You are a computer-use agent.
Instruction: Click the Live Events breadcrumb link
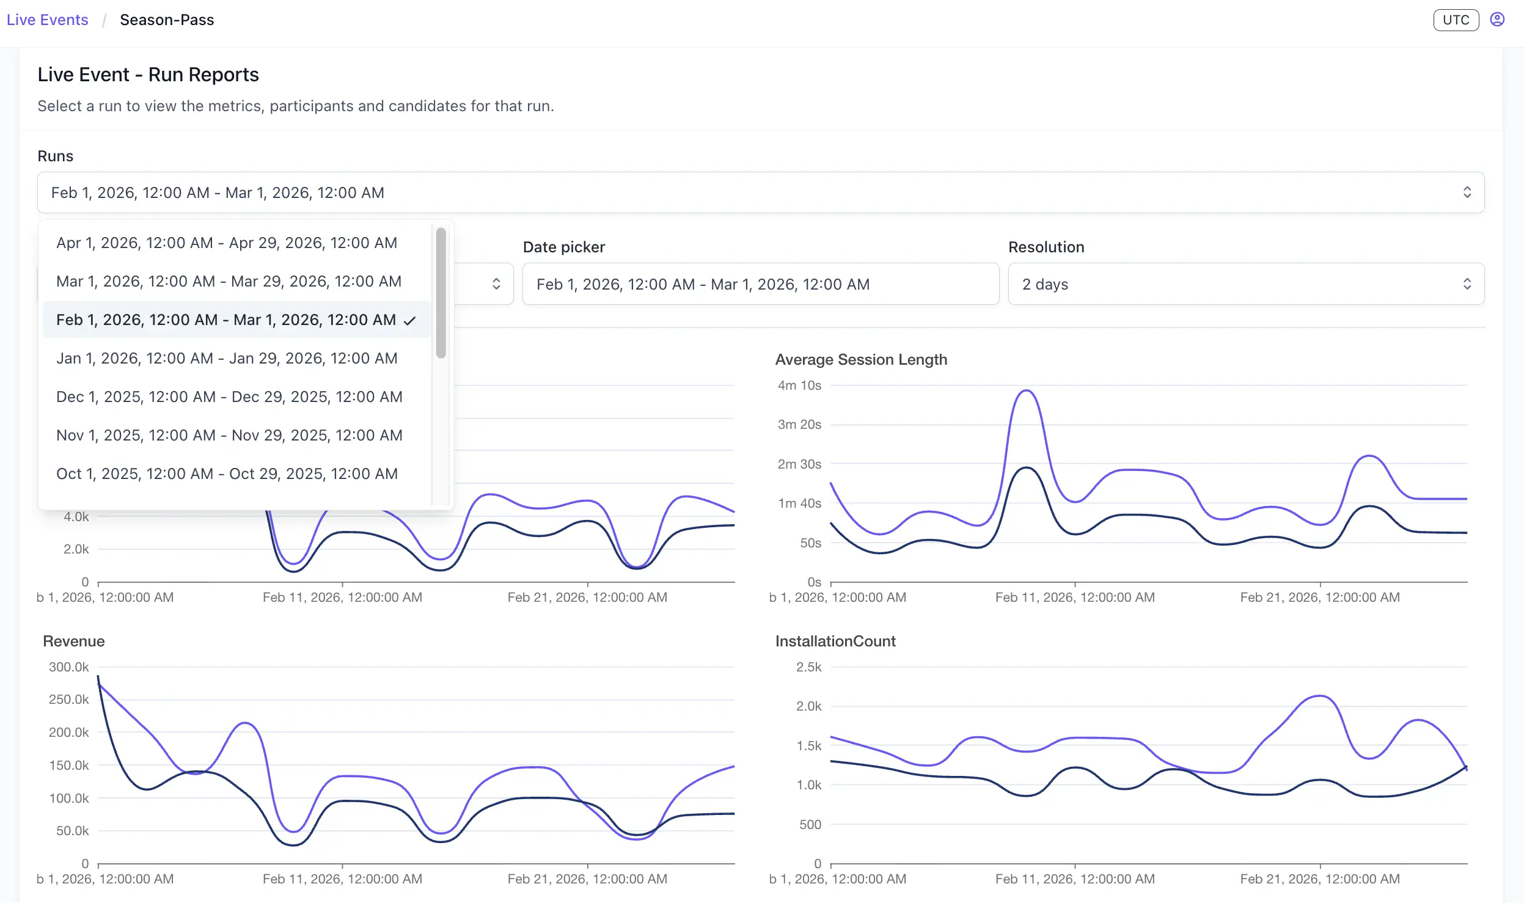pos(47,20)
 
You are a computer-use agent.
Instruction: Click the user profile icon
pos(1497,20)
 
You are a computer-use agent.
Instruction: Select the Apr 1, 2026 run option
pos(227,243)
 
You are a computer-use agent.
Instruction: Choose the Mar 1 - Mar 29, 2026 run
pos(229,281)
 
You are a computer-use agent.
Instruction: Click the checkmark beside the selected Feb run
pos(410,320)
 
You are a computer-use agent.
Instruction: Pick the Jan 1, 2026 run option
pos(227,358)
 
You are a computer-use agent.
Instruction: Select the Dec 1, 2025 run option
pos(229,397)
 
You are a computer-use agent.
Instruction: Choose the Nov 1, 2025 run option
pos(229,435)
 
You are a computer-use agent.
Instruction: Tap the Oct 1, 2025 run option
pos(227,473)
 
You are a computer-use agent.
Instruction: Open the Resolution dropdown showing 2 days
pos(1245,284)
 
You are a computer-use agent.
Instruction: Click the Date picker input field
pos(760,284)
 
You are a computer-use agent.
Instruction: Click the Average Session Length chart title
pos(860,359)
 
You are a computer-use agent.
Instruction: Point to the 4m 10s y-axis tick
pos(799,386)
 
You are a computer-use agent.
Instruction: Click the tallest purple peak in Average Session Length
pos(1026,391)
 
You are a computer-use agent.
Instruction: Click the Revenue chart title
pos(74,641)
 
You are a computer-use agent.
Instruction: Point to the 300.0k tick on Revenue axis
pos(68,667)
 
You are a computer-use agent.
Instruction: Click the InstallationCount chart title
pos(835,641)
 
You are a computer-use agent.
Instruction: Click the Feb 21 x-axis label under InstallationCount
pos(1319,879)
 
